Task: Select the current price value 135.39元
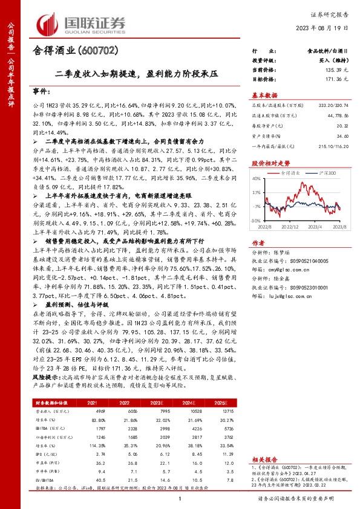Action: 338,70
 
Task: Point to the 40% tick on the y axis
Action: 256,179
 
